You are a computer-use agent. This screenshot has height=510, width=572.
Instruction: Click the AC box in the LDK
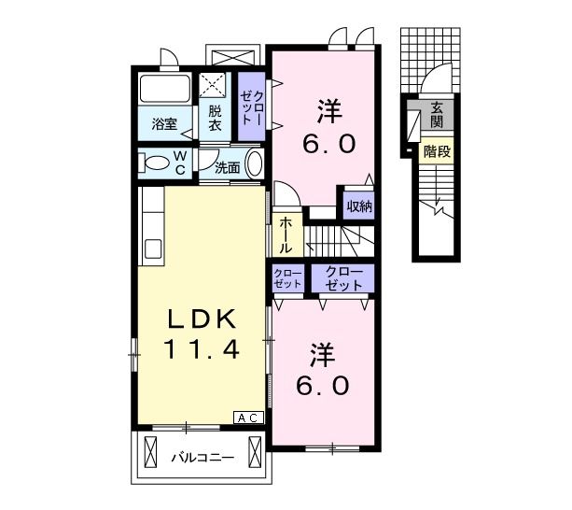tap(248, 418)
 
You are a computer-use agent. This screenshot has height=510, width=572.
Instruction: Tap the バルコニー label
tap(202, 458)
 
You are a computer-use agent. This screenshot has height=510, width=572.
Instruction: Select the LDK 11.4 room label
tap(202, 333)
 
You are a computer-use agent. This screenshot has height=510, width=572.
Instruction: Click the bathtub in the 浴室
tap(165, 89)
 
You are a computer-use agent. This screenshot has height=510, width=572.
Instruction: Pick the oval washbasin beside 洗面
tap(255, 163)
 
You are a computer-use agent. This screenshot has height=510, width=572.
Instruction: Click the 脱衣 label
tap(215, 118)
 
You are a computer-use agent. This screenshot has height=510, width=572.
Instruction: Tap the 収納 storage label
tap(359, 206)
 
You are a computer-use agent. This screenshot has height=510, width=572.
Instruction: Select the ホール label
tap(286, 235)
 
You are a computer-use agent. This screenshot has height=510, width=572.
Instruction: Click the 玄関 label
tap(437, 115)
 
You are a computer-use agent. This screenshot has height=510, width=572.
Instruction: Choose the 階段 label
tap(437, 151)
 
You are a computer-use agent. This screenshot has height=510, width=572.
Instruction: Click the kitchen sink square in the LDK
tap(153, 248)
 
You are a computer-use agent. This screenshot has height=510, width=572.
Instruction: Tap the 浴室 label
tap(165, 124)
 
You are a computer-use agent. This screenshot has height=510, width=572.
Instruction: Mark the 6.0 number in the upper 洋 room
tap(329, 144)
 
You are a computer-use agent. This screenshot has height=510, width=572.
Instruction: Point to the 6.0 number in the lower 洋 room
tap(323, 386)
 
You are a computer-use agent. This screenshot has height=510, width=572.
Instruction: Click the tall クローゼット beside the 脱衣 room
tap(251, 106)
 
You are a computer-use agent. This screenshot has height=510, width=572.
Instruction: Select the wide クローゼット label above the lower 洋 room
tap(343, 279)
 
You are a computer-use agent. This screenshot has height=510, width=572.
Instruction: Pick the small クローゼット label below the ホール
tap(287, 278)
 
